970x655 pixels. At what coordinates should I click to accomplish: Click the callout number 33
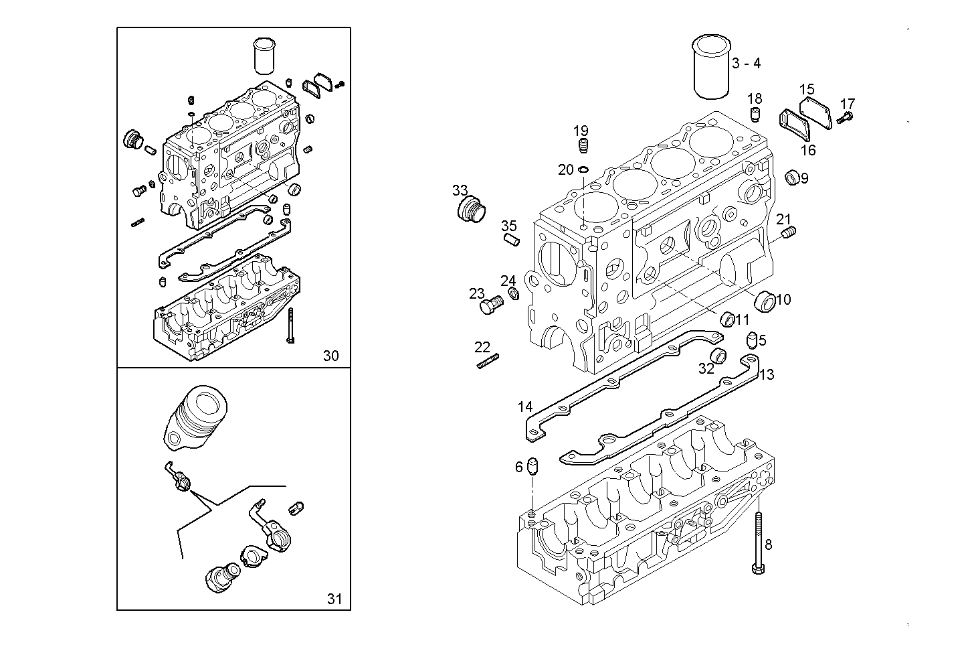[460, 190]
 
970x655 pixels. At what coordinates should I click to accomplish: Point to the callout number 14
[525, 407]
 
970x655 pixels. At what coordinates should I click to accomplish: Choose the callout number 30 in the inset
[331, 356]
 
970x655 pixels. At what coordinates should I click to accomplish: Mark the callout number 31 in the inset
[334, 599]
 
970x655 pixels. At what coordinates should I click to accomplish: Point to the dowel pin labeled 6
[533, 466]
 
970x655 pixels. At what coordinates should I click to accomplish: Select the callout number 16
[808, 150]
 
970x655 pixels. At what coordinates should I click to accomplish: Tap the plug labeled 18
[755, 113]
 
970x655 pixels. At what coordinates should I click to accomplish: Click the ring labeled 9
[792, 177]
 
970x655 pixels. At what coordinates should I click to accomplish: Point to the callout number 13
[766, 374]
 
